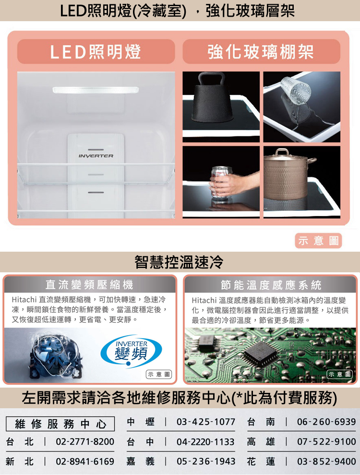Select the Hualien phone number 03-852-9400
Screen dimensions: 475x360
[x=326, y=462]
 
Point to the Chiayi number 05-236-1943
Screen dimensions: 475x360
[x=206, y=462]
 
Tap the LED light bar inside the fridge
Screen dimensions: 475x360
[x=96, y=90]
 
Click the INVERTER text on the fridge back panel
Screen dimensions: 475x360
[x=96, y=156]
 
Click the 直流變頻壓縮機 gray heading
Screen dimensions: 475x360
[x=89, y=285]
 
